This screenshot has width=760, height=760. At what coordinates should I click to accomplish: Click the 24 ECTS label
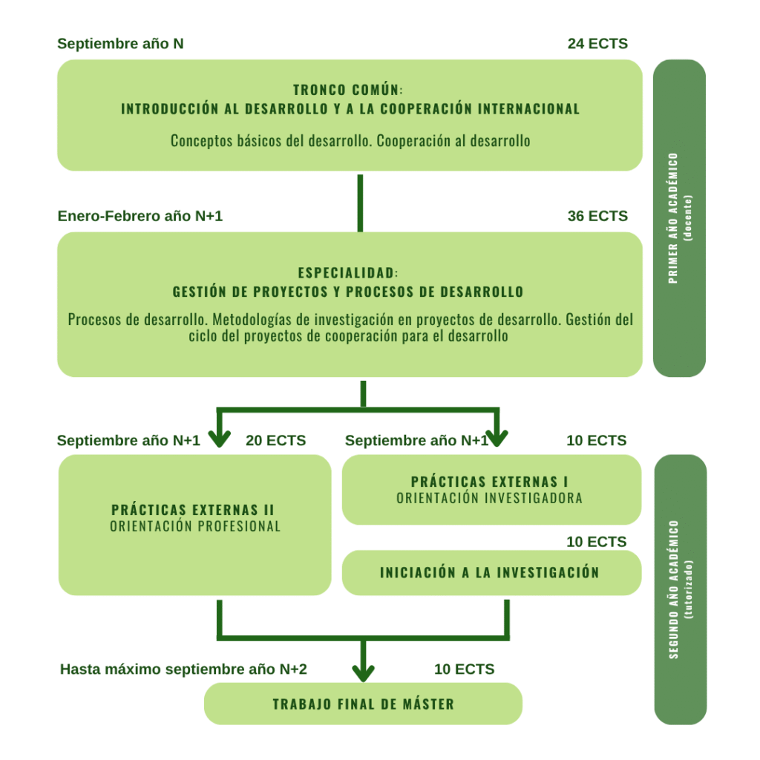click(597, 44)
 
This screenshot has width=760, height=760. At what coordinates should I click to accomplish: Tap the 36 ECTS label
click(597, 216)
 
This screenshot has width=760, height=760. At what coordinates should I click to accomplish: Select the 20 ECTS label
click(275, 440)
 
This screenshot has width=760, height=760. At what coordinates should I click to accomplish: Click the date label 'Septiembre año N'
click(120, 44)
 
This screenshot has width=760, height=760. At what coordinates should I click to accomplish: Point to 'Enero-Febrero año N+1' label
click(140, 216)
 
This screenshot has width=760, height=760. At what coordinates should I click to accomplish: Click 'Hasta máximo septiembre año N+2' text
click(183, 669)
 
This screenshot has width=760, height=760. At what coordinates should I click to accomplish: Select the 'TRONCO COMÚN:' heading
click(348, 91)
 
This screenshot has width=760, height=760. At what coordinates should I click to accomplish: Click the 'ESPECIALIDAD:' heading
click(348, 273)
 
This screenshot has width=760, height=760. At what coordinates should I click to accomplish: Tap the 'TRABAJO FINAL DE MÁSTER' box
click(363, 704)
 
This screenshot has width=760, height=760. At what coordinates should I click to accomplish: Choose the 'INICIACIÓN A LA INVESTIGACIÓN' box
click(490, 572)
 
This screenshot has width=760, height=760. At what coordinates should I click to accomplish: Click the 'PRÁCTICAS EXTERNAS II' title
click(193, 510)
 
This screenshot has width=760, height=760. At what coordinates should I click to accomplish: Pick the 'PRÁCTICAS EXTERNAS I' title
click(490, 482)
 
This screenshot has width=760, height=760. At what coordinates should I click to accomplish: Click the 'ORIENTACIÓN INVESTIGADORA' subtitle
click(490, 499)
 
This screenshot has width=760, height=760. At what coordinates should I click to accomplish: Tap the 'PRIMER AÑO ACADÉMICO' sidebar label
click(673, 218)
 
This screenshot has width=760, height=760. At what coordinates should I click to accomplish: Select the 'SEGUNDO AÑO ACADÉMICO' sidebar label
click(673, 589)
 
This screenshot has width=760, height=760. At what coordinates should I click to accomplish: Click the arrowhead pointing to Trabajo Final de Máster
click(363, 672)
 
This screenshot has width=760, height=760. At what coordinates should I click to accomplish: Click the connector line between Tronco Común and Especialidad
click(360, 202)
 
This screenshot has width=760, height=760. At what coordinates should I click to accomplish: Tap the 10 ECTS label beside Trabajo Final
click(464, 669)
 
